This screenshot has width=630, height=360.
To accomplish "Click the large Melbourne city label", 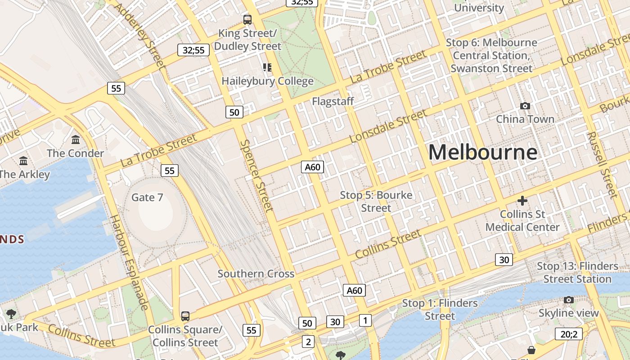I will click(x=482, y=152).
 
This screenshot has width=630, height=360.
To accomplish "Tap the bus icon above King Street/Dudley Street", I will click(x=247, y=19).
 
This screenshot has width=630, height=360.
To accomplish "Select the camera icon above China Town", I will click(x=525, y=106).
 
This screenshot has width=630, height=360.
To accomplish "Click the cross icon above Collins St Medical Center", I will click(x=522, y=201).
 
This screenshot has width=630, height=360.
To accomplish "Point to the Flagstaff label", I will click(x=333, y=102).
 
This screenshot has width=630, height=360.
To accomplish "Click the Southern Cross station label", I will click(x=256, y=274).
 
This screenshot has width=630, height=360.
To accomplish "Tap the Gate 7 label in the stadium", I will click(x=147, y=198).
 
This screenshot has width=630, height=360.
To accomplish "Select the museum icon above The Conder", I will click(x=76, y=140).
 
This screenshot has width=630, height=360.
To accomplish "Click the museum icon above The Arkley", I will click(x=23, y=161).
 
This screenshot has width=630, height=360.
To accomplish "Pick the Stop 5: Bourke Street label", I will click(x=376, y=202).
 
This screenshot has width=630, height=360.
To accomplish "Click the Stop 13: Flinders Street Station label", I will click(x=577, y=272).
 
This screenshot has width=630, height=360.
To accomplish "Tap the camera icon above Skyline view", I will click(x=568, y=300).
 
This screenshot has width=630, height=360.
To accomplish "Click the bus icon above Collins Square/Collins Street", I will click(x=185, y=316).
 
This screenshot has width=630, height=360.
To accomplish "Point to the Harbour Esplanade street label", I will click(x=130, y=262).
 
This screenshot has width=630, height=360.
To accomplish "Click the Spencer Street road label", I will click(x=256, y=175).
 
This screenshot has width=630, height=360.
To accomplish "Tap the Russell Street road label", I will click(x=603, y=165).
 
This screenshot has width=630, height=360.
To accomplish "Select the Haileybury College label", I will click(x=267, y=81).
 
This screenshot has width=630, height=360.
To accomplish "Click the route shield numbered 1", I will click(x=365, y=320).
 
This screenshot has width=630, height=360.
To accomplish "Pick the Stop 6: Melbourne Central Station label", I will click(x=491, y=55).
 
